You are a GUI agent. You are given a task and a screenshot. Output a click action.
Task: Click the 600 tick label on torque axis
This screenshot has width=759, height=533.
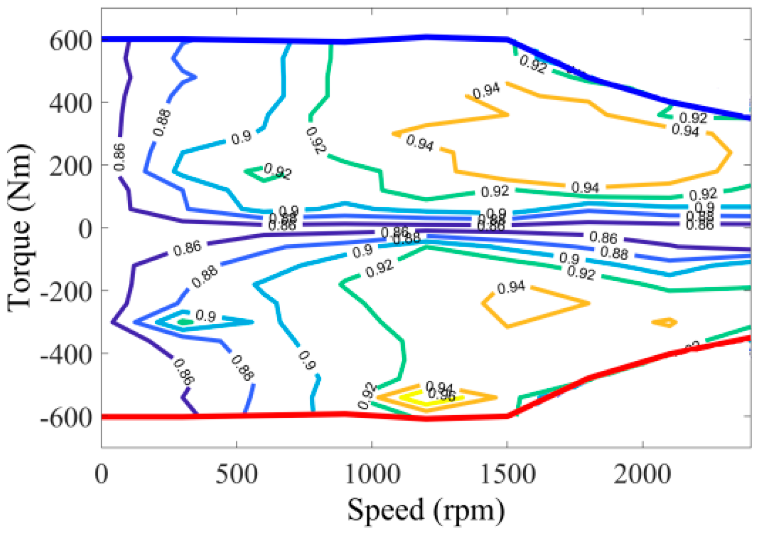(x=70, y=41)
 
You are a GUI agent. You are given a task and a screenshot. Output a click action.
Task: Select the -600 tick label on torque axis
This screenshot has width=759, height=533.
(x=66, y=417)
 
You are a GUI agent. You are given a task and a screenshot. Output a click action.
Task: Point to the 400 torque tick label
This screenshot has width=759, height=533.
(x=70, y=103)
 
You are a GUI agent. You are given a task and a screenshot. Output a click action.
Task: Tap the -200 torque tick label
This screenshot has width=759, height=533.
(x=66, y=291)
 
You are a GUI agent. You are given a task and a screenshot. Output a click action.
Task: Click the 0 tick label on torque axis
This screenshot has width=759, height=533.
(x=85, y=228)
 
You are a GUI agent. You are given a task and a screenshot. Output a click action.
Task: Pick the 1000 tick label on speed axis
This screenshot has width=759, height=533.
(x=371, y=475)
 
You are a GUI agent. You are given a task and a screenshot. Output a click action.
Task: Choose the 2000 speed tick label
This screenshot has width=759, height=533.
(x=642, y=475)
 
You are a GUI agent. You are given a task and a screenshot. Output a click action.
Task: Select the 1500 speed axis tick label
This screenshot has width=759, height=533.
(x=507, y=475)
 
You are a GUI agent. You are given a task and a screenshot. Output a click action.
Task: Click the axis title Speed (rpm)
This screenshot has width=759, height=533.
(x=426, y=510)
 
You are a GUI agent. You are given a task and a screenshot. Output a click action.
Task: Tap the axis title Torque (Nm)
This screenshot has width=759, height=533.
(x=20, y=228)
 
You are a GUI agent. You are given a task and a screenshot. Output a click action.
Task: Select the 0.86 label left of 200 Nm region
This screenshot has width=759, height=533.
(x=119, y=157)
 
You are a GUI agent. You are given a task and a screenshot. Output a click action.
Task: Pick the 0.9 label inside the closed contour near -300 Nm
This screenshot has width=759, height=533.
(x=206, y=316)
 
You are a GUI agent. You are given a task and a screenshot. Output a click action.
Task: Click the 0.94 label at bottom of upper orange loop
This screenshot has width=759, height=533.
(x=585, y=187)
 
